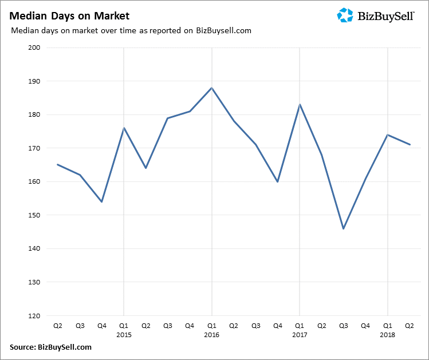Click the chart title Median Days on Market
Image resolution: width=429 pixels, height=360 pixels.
pos(69,16)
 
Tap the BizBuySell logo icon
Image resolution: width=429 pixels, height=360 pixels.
pos(345,15)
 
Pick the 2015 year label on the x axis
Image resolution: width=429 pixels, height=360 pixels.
pos(124,334)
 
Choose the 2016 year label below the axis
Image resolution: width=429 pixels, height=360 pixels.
pos(211,334)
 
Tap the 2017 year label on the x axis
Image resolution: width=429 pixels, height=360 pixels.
pos(300,334)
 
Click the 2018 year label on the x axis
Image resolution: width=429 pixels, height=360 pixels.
pos(388,334)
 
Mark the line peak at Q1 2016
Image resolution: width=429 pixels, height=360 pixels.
pos(212,88)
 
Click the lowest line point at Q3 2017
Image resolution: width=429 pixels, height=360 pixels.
pos(344,228)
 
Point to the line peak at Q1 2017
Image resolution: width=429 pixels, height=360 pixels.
pos(300,105)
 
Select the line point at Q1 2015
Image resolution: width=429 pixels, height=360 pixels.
pos(124,128)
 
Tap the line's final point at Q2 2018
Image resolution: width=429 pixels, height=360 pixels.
pos(410,145)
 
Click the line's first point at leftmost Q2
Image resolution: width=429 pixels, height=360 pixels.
pos(58,165)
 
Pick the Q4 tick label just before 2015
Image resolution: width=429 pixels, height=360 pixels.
pos(102,326)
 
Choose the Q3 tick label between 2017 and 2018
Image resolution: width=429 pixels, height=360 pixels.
pos(344,326)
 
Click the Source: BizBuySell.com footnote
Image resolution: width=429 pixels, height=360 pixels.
pos(50,347)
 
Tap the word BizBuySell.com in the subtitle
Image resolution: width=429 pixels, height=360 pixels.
pos(223,30)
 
